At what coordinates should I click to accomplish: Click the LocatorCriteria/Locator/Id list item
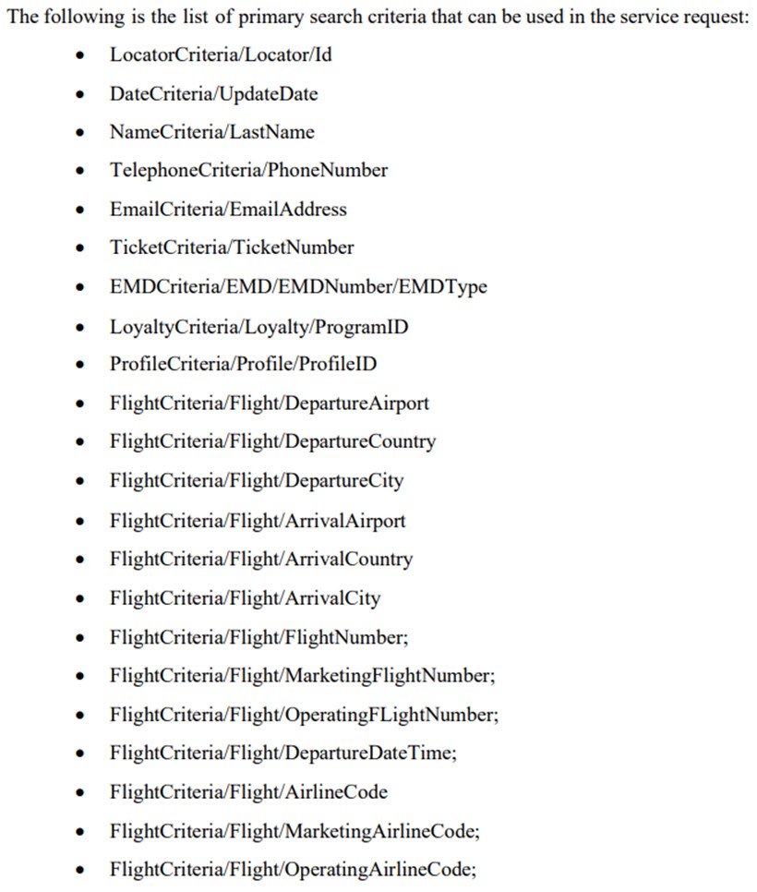point(221,54)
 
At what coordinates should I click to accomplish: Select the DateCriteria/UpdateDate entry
point(214,94)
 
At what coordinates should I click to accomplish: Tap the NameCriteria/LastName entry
point(212,132)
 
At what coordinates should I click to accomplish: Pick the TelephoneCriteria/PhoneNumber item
point(248,170)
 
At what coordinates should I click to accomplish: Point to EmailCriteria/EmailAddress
point(228,210)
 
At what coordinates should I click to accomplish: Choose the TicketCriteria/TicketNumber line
point(232,247)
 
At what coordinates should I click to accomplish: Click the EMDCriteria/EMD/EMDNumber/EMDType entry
point(298,286)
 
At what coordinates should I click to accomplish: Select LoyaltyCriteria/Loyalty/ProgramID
point(258,327)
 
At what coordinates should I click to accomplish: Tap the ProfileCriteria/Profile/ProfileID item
point(244,364)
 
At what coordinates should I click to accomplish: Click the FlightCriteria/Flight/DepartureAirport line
point(270,404)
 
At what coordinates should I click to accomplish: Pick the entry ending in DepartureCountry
point(273,442)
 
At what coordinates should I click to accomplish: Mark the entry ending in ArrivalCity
point(246,598)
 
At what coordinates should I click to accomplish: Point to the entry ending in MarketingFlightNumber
point(303,676)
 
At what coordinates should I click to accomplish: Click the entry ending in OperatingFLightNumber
point(305,715)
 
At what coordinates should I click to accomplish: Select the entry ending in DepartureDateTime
point(283,753)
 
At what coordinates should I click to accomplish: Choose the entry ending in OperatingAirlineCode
point(294,870)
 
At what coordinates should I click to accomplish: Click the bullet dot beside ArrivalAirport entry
point(80,521)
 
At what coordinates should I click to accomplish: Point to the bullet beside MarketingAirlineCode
point(80,832)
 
